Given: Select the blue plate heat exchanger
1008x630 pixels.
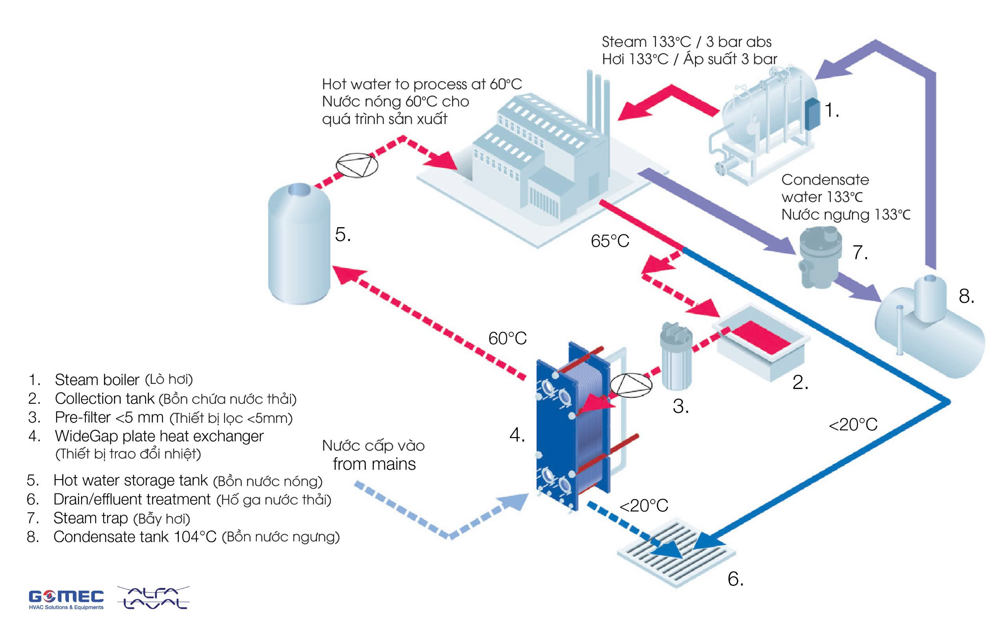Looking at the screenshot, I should click(573, 429).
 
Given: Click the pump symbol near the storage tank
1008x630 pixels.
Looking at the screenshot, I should click(357, 165).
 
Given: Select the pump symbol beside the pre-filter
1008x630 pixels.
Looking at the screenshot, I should click(631, 385).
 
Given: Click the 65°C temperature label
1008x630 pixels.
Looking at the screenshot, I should click(610, 241).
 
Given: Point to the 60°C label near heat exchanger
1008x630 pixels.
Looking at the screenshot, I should click(507, 338).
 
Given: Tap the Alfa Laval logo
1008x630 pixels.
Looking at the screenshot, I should click(153, 598).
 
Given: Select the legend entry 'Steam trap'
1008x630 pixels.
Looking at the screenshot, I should click(91, 518).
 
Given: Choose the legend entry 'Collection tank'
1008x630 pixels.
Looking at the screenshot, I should click(105, 399).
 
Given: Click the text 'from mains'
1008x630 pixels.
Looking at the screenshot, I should click(374, 464).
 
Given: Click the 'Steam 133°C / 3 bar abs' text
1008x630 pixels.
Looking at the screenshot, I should click(686, 42).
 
